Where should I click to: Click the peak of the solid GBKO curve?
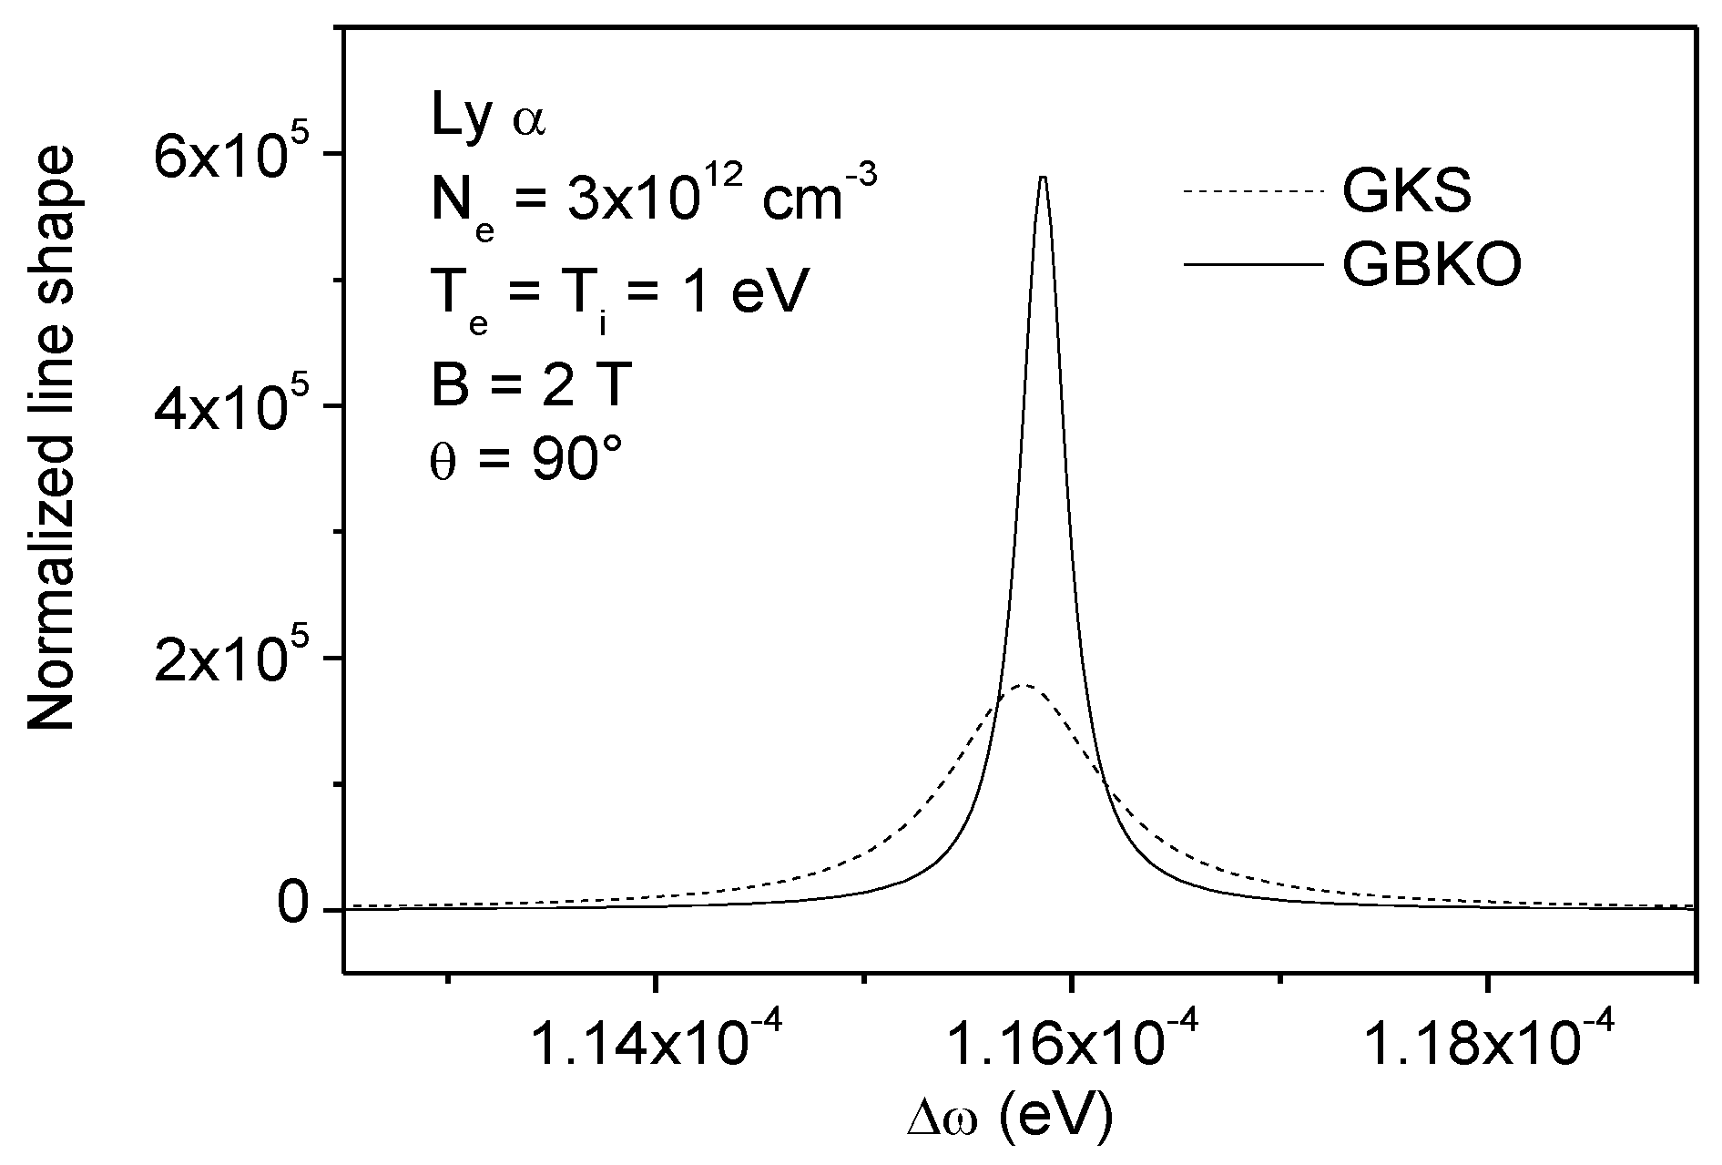pos(1043,178)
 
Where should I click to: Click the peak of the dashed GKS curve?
pos(1024,685)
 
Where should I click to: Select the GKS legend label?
pos(1406,191)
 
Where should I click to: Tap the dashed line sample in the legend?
pos(1251,191)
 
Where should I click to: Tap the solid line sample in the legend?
pos(1251,264)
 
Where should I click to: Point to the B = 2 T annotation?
pos(530,384)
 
